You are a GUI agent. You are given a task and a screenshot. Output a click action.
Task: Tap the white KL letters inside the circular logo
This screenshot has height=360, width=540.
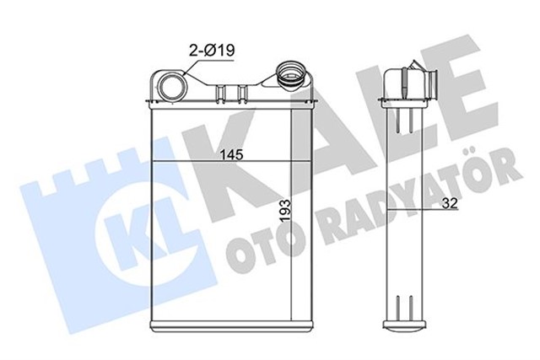[127, 222]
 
